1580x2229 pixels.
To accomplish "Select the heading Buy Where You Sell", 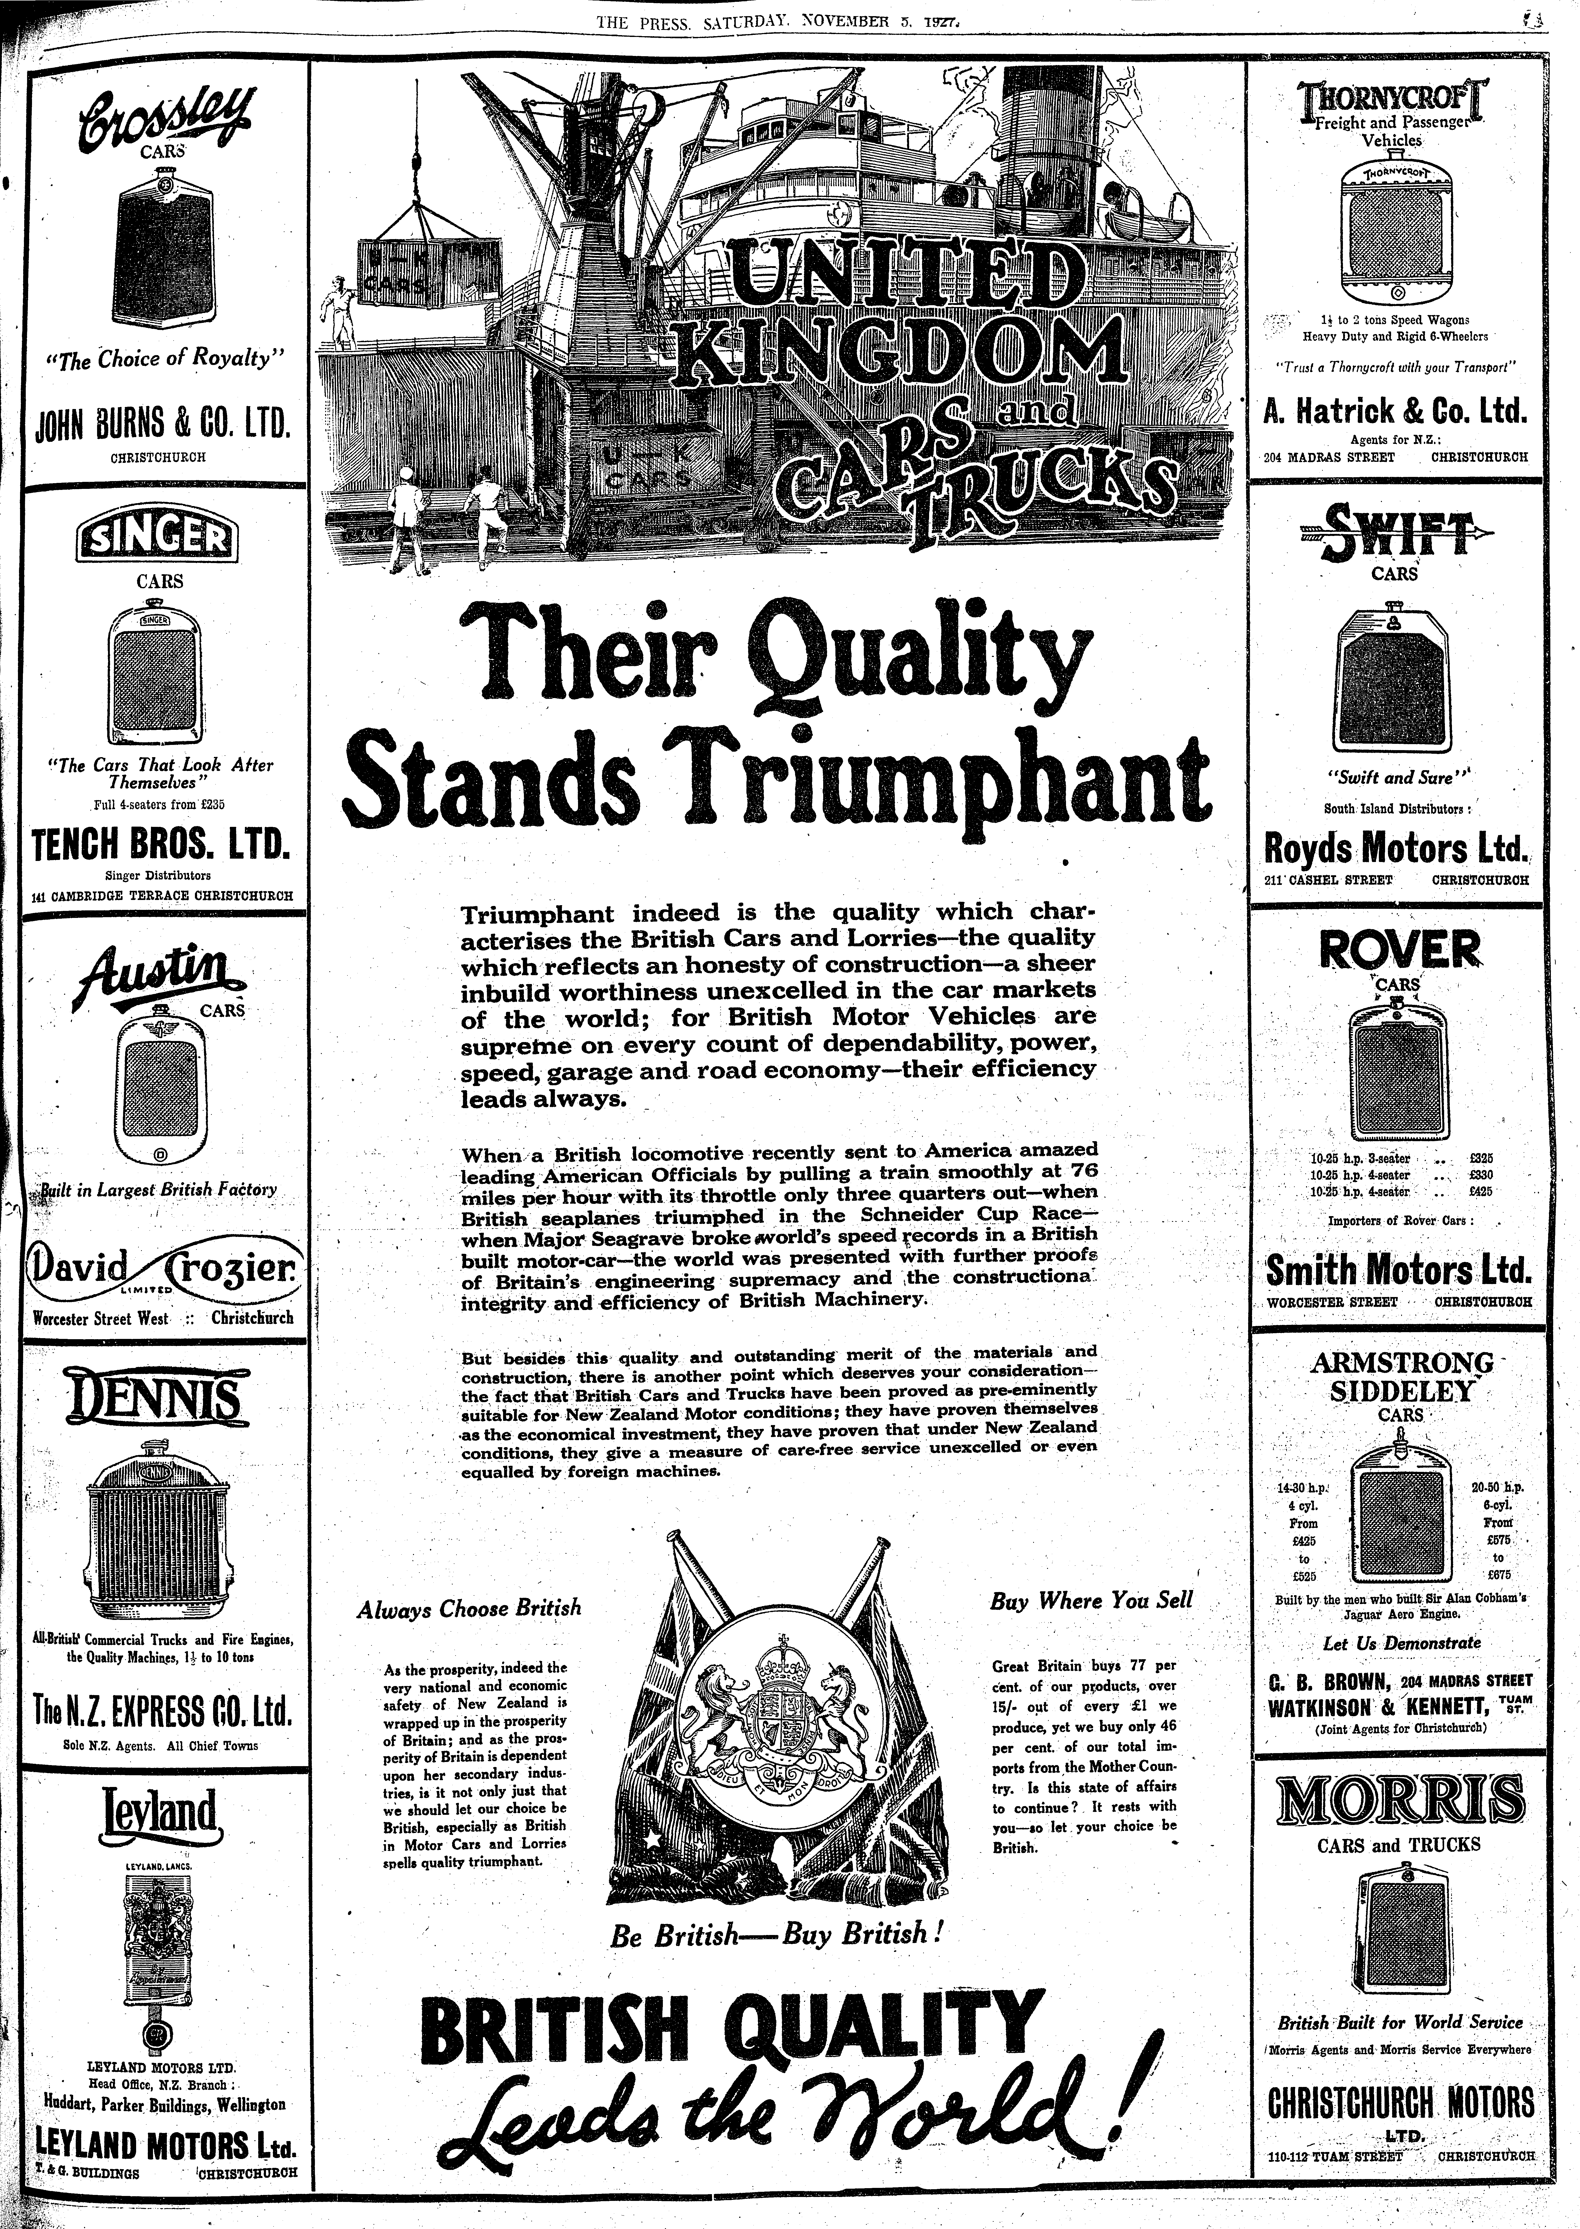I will tap(1091, 1601).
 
